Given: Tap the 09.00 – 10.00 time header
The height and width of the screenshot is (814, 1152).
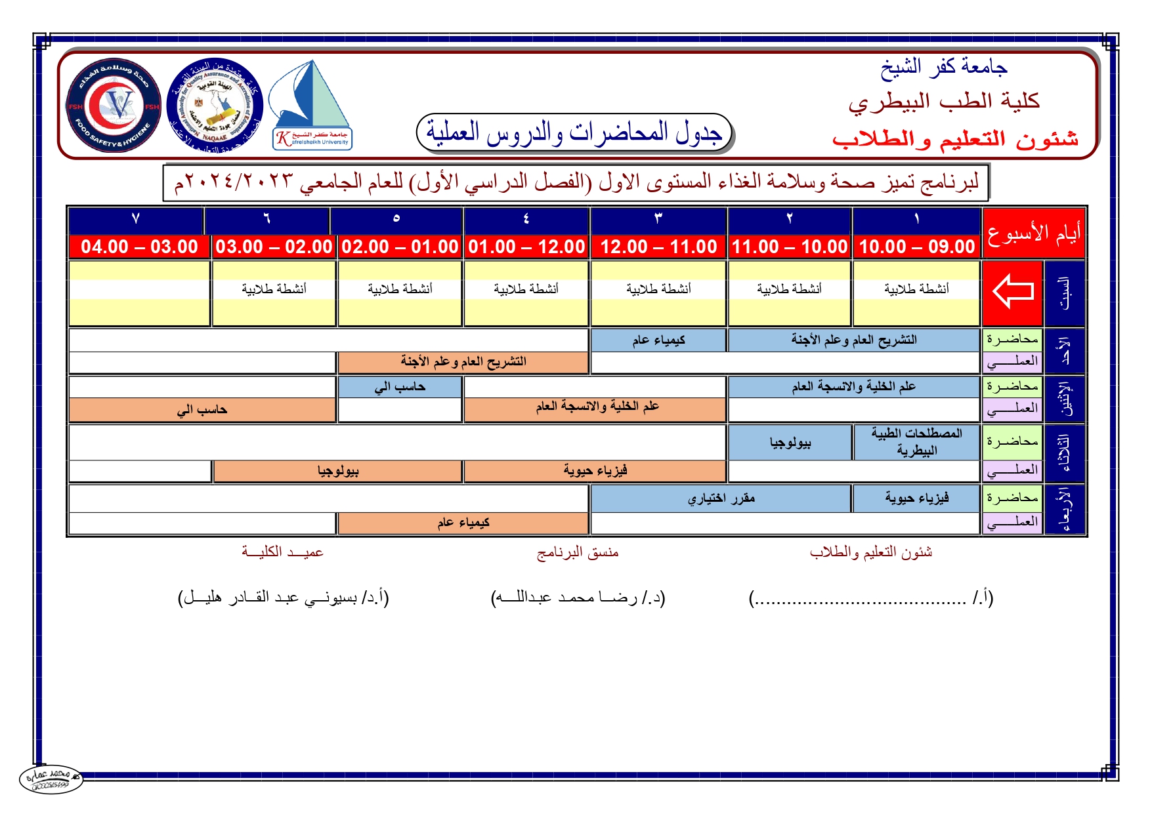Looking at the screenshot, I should click(916, 247).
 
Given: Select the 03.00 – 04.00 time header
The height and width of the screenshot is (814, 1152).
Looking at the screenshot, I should click(139, 247).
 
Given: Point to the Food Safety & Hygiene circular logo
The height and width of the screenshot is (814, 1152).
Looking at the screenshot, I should click(114, 105).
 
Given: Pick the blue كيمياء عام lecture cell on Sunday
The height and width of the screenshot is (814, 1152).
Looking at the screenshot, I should click(658, 340).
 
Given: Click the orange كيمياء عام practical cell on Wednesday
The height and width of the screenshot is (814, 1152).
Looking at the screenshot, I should click(463, 523).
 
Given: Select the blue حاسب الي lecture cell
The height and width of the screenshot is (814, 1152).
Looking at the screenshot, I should click(400, 387).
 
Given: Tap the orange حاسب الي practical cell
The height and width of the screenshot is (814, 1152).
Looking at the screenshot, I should click(202, 410).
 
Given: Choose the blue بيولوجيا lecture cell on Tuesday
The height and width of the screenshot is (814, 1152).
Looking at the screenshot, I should click(790, 443).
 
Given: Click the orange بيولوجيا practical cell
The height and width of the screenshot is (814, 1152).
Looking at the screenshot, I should click(338, 471).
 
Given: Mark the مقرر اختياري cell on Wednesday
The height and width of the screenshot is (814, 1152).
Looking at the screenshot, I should click(721, 499).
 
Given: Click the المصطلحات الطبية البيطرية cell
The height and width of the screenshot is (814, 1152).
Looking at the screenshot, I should click(916, 441).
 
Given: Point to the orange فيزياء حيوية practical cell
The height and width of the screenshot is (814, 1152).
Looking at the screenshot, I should click(595, 470).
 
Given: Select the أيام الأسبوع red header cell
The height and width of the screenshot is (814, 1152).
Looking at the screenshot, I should click(1033, 234).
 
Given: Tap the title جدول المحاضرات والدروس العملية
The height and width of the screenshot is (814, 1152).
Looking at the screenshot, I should click(574, 133).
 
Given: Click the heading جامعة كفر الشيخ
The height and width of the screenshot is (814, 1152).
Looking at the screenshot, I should click(943, 67).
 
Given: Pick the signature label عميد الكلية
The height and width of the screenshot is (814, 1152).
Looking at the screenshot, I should click(282, 552).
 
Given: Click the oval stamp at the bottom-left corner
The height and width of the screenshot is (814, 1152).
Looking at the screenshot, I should click(51, 779).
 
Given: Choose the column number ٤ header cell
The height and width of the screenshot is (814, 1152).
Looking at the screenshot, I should click(526, 219).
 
